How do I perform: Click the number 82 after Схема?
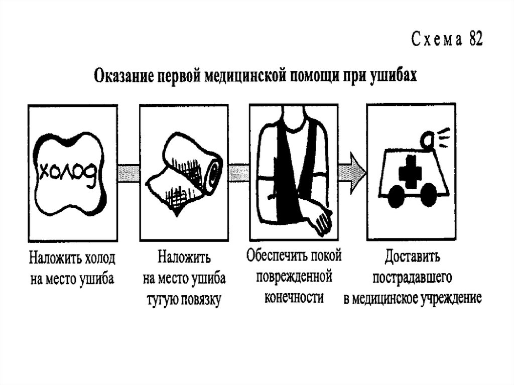coord(475,41)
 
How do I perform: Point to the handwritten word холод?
coord(68,173)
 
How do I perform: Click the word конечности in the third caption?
coord(294,297)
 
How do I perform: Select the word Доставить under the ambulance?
coord(413,258)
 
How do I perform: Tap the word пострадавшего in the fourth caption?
coord(413,277)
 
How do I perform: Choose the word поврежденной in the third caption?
coord(294,277)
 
